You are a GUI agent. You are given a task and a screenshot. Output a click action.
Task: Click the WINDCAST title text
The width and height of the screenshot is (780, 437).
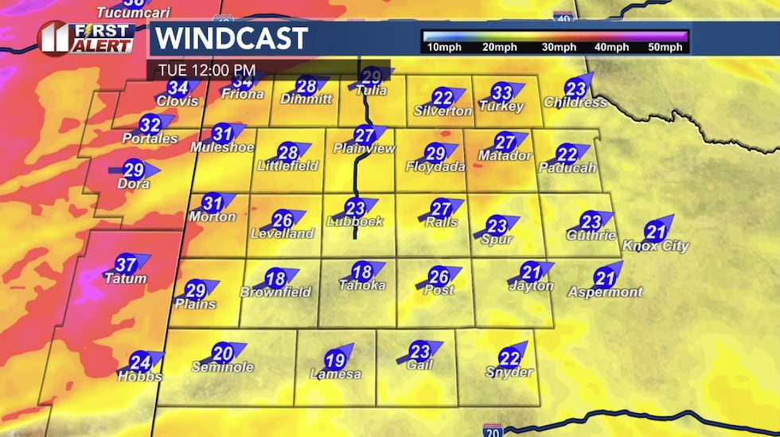tap(231, 38)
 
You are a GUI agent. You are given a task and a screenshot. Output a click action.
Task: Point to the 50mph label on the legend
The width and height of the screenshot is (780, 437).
tap(665, 48)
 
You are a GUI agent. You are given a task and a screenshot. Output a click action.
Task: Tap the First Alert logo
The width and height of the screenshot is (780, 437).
tap(86, 37)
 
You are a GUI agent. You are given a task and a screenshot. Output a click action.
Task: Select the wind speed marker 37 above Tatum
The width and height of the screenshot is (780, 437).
tap(126, 264)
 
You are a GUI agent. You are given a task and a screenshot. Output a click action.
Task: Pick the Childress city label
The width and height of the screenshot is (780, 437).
tap(575, 103)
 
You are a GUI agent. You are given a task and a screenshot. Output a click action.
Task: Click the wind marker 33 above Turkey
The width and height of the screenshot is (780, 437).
tap(501, 92)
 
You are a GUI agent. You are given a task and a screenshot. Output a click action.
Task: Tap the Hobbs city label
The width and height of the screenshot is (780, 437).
tap(140, 377)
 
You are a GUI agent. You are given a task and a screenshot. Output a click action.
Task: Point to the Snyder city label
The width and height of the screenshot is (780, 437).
tap(509, 373)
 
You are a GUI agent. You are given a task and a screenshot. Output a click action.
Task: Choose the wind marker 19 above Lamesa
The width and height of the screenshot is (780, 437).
tap(336, 360)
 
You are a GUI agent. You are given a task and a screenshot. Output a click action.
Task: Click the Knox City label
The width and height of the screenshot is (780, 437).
tap(655, 246)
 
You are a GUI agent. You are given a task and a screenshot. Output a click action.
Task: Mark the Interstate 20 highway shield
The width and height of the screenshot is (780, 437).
tap(492, 430)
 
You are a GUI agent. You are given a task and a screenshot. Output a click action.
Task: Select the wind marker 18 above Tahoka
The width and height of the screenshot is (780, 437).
tap(362, 271)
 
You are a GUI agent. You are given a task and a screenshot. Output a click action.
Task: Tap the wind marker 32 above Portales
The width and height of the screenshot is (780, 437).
tap(150, 124)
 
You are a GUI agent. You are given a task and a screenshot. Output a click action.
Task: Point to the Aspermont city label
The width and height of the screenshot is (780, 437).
tap(605, 292)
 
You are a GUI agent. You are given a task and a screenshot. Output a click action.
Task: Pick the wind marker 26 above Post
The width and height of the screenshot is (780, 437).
tap(439, 276)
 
